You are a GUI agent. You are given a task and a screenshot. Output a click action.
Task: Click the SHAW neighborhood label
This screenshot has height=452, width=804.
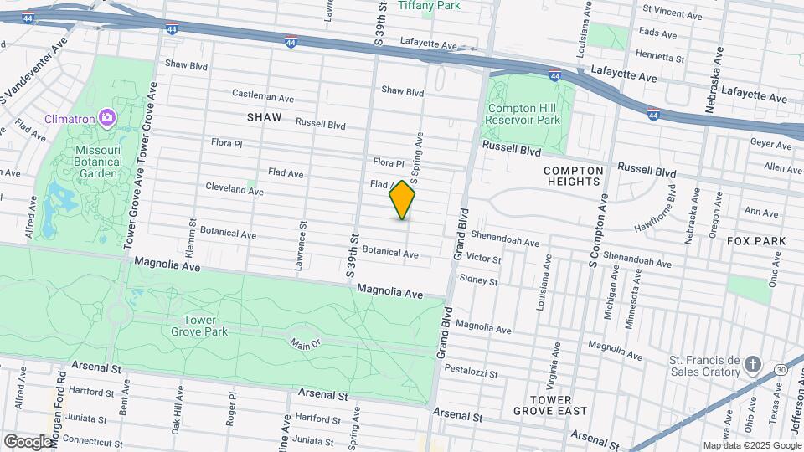tap(264, 117)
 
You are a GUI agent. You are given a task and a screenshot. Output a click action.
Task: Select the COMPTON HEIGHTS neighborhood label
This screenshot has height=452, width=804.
tap(573, 175)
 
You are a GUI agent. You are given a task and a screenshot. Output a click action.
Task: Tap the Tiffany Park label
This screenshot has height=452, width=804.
tap(429, 6)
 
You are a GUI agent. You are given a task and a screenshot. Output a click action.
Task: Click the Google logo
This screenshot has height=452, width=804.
tap(28, 440)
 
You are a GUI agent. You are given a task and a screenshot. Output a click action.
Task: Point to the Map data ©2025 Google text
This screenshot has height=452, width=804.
tap(751, 446)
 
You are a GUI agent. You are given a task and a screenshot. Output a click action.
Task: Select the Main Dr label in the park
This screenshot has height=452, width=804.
tap(306, 343)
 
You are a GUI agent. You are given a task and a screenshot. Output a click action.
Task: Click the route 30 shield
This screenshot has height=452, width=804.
tap(781, 369)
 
